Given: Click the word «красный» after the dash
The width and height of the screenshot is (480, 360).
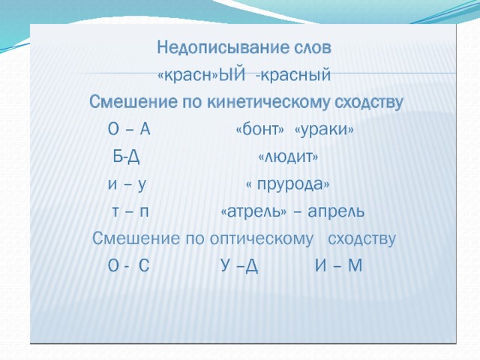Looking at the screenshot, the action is point(295,75).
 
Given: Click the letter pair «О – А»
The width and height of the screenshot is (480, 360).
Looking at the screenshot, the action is point(129,129).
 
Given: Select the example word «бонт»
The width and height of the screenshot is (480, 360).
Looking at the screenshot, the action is point(260,130).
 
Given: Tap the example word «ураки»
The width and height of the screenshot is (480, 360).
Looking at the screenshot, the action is point(324,130).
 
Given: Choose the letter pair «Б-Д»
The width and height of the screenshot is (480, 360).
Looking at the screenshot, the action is point(127,157).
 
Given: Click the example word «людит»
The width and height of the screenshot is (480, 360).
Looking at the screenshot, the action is point(288,157).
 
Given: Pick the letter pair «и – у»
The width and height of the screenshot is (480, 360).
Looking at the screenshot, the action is point(127,185).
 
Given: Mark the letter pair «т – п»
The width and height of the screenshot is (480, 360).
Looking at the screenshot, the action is point(130,211).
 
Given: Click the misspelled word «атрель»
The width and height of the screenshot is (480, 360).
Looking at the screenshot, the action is point(254,211).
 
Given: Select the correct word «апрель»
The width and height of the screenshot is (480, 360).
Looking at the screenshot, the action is point(336,211).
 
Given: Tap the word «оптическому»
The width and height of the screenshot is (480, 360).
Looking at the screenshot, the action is point(262,239).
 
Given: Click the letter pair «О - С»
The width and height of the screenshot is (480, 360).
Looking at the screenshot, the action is point(128,265).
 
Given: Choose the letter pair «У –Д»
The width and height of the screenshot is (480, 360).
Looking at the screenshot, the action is point(239,266).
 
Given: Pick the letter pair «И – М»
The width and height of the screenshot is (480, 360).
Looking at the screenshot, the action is point(338,265).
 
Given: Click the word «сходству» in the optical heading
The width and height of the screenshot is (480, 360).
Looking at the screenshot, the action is point(361,239).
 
